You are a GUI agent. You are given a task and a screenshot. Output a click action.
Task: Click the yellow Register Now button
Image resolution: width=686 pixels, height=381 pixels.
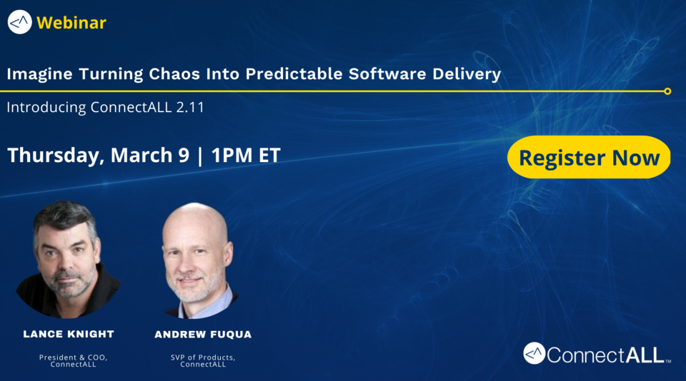pyautogui.click(x=589, y=157)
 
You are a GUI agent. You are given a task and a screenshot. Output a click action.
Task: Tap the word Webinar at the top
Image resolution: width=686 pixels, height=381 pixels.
pyautogui.click(x=71, y=23)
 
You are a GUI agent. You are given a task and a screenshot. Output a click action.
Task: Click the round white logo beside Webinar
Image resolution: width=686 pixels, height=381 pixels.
pyautogui.click(x=19, y=22)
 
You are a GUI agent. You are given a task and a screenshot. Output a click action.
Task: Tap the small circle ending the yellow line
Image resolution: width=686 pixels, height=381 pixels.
pyautogui.click(x=667, y=91)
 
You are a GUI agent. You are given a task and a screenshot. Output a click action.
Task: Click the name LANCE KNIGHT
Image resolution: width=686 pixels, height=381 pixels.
pyautogui.click(x=69, y=334)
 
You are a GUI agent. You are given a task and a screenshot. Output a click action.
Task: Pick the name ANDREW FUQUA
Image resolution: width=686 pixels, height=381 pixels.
pyautogui.click(x=203, y=334)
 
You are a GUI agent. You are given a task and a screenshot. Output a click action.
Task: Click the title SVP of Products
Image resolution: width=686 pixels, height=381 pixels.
pyautogui.click(x=203, y=357)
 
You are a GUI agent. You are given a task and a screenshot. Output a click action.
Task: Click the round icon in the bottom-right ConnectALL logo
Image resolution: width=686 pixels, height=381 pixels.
pyautogui.click(x=535, y=353)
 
